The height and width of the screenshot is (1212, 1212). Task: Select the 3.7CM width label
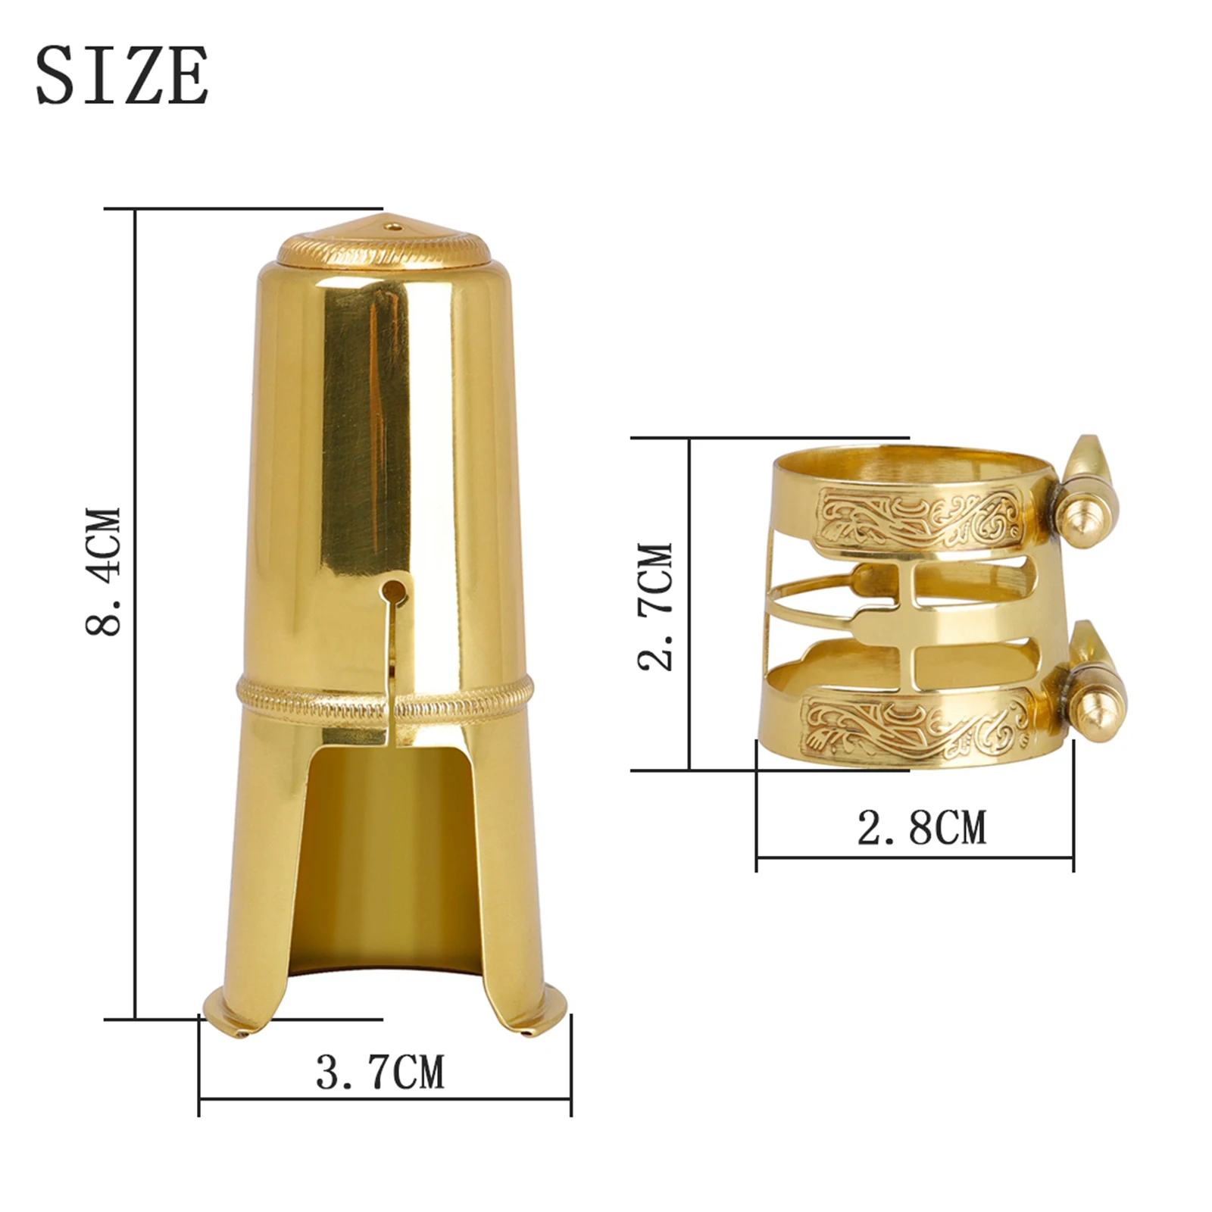coord(380,1072)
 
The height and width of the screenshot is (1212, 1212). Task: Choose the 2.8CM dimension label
coord(922,827)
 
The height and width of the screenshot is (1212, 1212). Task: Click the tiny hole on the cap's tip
coord(392,224)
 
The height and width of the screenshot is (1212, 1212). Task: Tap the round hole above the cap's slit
coord(392,590)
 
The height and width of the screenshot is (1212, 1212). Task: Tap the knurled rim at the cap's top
coord(383,249)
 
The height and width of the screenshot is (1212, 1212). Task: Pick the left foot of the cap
coord(227,1019)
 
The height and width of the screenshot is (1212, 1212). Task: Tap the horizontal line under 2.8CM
coord(915,857)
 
